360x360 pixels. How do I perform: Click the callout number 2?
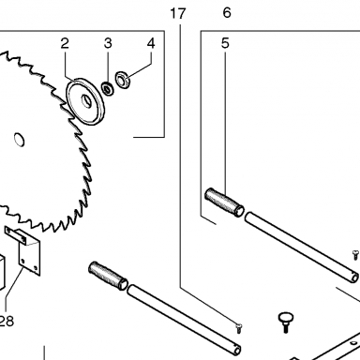(x=65, y=43)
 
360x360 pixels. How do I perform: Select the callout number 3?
(x=108, y=43)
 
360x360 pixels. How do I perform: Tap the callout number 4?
(x=151, y=43)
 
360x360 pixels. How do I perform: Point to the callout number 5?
(x=225, y=43)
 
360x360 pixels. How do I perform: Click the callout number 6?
(x=227, y=13)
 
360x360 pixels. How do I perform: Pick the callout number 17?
(x=178, y=14)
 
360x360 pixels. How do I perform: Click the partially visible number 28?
(x=7, y=321)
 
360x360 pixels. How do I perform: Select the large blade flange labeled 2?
(x=85, y=101)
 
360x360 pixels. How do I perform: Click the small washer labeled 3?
(x=108, y=89)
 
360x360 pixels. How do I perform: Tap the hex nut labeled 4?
(x=123, y=81)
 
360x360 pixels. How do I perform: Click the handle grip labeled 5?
(x=224, y=202)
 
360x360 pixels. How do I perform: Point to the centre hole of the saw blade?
(x=20, y=140)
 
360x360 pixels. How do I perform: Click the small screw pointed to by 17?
(x=239, y=328)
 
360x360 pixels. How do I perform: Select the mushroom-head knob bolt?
(x=285, y=322)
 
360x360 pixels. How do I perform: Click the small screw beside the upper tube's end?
(x=355, y=255)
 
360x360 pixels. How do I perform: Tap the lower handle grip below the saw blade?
(x=108, y=276)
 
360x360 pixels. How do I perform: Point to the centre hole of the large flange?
(x=87, y=101)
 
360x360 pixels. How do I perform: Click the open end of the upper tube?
(x=354, y=277)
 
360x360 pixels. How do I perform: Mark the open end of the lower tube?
(x=236, y=350)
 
